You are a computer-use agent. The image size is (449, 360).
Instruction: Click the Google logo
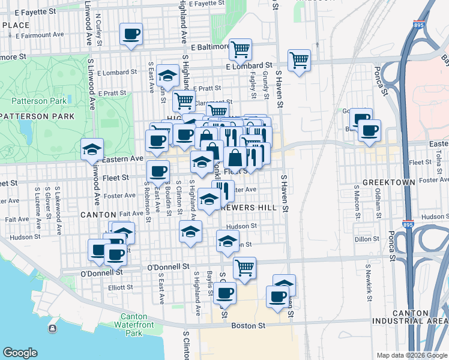(20, 353)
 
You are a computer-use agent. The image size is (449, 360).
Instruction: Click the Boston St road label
(248, 326)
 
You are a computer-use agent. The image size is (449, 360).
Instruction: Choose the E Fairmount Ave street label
(40, 35)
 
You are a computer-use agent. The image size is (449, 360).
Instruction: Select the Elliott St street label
(121, 287)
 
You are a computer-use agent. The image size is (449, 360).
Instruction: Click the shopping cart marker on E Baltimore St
(240, 49)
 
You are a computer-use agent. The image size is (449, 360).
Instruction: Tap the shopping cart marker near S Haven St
(299, 59)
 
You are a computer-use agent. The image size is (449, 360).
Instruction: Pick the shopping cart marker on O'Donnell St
(244, 267)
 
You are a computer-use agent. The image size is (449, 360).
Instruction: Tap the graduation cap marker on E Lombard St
(168, 76)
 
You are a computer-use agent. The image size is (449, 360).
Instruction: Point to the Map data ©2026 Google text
(411, 355)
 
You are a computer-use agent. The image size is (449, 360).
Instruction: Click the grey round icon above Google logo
(53, 328)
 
